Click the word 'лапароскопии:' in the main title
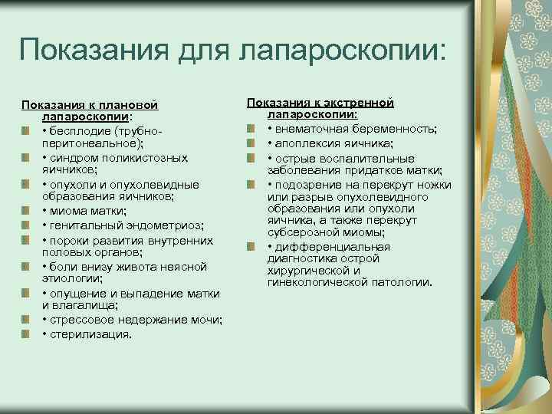pyautogui.click(x=343, y=52)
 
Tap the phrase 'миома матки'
pyautogui.click(x=81, y=211)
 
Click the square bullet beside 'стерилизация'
pyautogui.click(x=26, y=334)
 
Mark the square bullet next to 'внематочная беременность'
pyautogui.click(x=251, y=128)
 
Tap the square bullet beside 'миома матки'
pyautogui.click(x=26, y=211)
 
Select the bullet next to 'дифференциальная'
pyautogui.click(x=251, y=246)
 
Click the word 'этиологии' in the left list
pyautogui.click(x=67, y=279)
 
